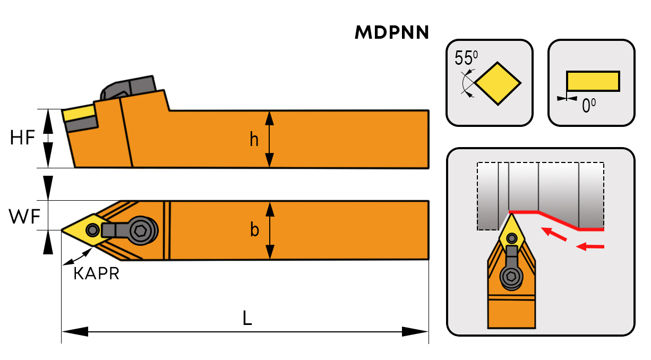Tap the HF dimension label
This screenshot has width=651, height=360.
[x=22, y=138]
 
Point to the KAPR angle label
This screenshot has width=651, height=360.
[x=96, y=274]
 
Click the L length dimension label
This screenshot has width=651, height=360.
[x=246, y=318]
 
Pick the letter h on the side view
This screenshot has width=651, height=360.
[x=255, y=139]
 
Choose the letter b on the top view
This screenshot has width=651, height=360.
[x=255, y=230]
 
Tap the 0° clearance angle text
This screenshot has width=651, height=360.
[x=589, y=106]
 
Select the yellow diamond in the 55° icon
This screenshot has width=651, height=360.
[x=498, y=83]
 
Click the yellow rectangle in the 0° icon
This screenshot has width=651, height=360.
[x=593, y=81]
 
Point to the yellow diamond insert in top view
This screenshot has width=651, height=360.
[x=85, y=230]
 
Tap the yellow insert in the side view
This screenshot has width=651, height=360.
[x=78, y=113]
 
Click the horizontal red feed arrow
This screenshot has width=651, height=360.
[x=590, y=246]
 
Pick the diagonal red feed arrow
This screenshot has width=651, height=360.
[x=553, y=234]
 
